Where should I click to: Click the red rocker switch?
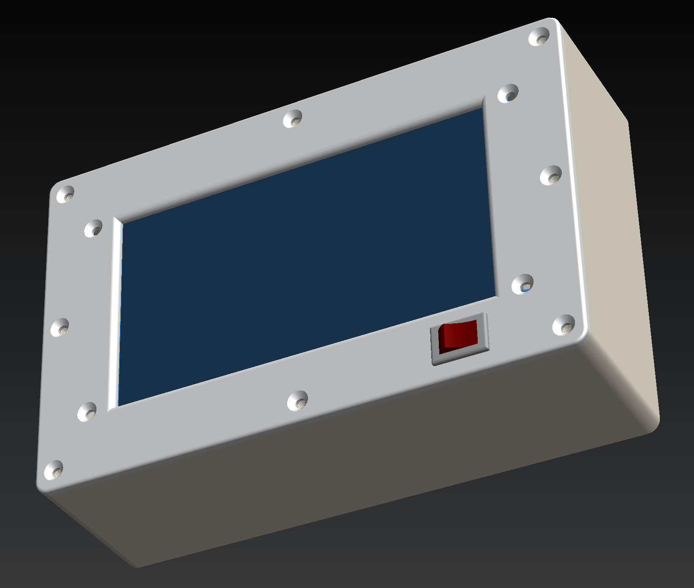point(458,336)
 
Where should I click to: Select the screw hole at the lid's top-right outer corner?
point(539,37)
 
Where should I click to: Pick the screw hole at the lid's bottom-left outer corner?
point(54,469)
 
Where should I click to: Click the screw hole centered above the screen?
point(293,119)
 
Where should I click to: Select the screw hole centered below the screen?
point(297,400)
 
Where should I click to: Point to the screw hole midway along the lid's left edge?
point(60,327)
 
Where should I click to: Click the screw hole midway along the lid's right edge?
point(551,175)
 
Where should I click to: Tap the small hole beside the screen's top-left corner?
point(93,229)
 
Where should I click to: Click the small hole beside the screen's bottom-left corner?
point(87,411)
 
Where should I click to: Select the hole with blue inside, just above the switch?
point(523,284)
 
